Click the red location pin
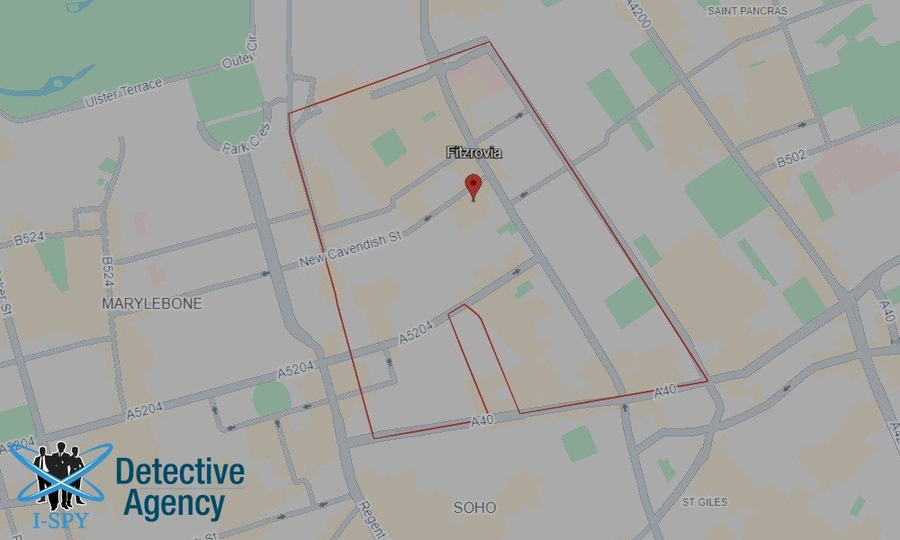[472, 186]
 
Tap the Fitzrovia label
[473, 153]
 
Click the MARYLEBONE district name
[151, 303]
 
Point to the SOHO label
[474, 508]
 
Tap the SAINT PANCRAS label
[747, 11]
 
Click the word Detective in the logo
[180, 472]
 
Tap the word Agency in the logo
[173, 503]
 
